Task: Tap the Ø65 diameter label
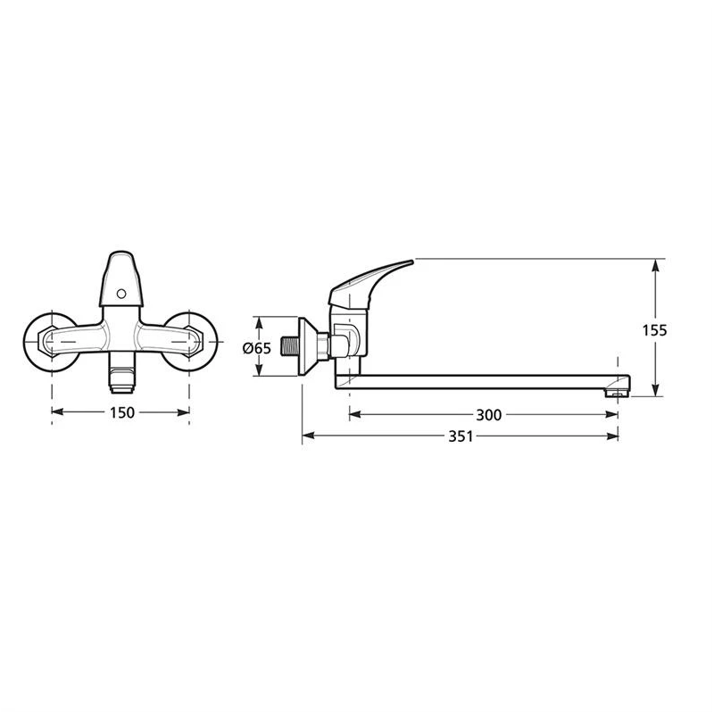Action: pyautogui.click(x=256, y=348)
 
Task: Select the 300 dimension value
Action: pyautogui.click(x=489, y=414)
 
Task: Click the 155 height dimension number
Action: pyautogui.click(x=654, y=329)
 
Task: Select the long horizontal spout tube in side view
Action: pyautogui.click(x=482, y=382)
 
